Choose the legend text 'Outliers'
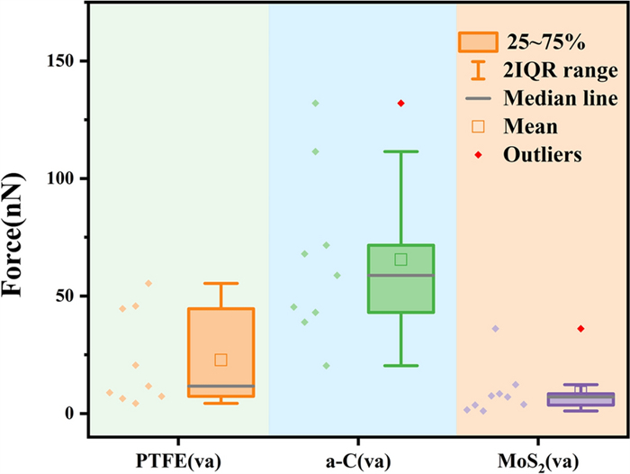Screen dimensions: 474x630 click(543, 154)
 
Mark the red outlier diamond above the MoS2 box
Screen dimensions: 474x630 click(580, 329)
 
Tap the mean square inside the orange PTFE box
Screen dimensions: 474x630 click(220, 360)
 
